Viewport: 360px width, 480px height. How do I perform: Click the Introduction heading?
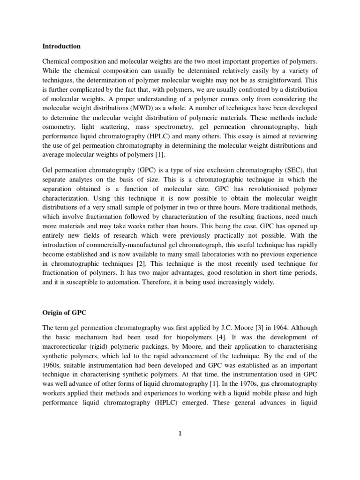pyautogui.click(x=61, y=46)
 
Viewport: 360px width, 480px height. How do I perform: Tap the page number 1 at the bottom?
pyautogui.click(x=180, y=433)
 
